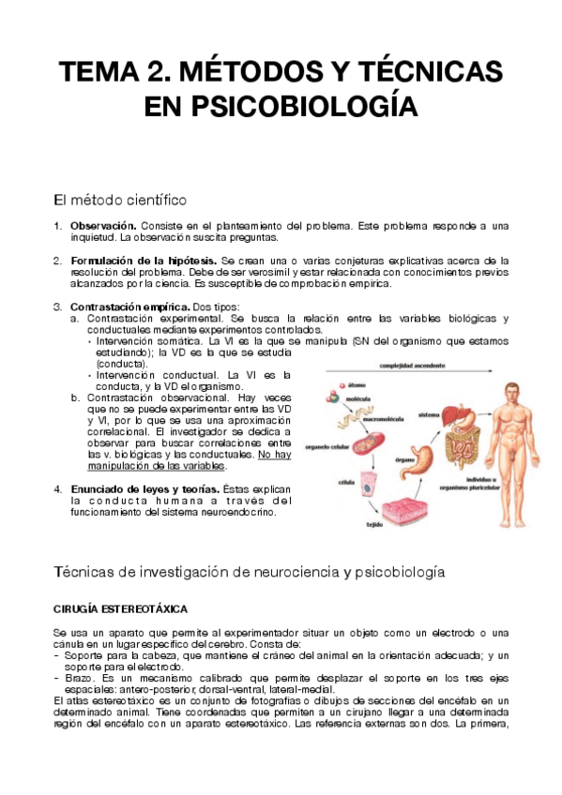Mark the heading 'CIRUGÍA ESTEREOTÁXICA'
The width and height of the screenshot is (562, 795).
click(x=121, y=608)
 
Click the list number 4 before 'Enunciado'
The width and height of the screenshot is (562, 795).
click(x=57, y=488)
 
